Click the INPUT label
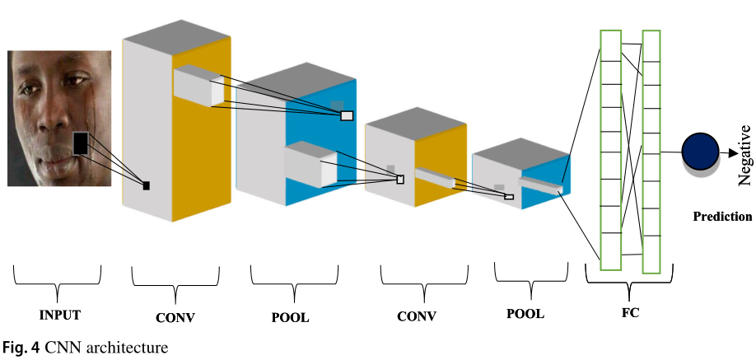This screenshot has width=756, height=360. tap(61, 315)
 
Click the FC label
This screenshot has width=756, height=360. tap(630, 314)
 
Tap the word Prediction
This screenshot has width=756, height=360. tap(722, 217)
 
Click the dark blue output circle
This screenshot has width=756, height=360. tap(699, 153)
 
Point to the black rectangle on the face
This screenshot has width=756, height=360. tap(80, 144)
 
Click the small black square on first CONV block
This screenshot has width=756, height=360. tap(147, 185)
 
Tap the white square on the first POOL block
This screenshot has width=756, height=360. tap(347, 115)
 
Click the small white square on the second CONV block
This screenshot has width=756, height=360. tap(401, 180)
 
